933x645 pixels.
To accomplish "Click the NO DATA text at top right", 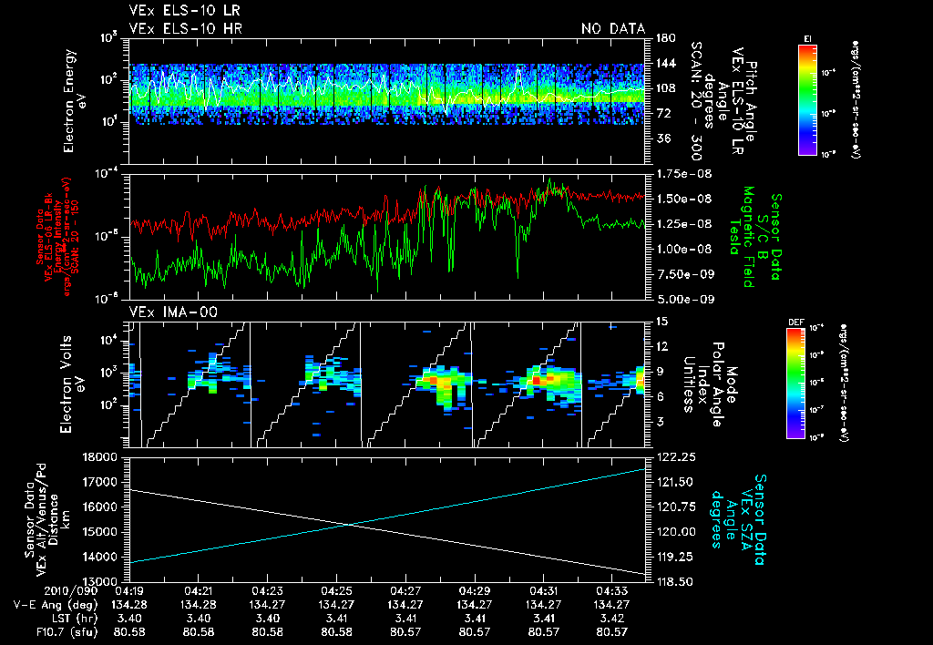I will (613, 28).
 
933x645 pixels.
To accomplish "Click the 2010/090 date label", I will (37, 590).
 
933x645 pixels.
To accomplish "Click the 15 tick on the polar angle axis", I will (659, 321).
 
